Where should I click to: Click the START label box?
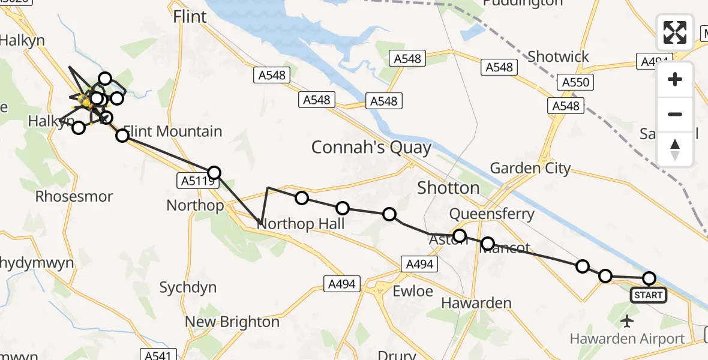pos(648,295)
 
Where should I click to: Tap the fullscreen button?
pos(675,32)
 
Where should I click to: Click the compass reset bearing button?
pos(675,149)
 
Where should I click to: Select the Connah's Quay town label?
pos(371,148)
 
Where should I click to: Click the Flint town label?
pos(190,17)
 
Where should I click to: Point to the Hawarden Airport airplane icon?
pos(628,321)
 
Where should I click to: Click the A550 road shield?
pos(574,82)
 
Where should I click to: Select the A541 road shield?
pos(157,355)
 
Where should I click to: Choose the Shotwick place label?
pos(558,57)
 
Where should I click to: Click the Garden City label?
pos(530,168)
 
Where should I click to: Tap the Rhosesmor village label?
pos(74,196)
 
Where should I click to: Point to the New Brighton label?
pos(232,322)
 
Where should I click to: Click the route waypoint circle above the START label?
pos(649,278)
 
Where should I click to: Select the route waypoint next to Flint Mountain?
pos(122,136)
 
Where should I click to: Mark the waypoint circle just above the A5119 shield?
pos(214,173)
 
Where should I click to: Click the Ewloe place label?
pos(412,291)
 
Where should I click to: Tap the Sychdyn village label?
pos(188,287)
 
